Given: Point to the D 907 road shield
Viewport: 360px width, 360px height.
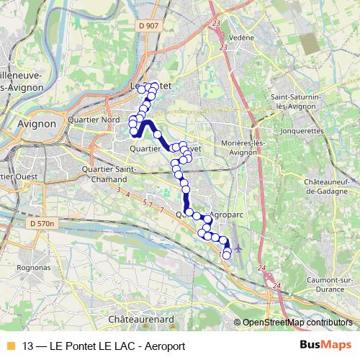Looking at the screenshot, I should [150, 26].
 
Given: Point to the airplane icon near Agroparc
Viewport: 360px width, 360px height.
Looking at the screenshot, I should [238, 247].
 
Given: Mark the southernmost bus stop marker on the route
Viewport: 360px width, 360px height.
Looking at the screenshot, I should [227, 255].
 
